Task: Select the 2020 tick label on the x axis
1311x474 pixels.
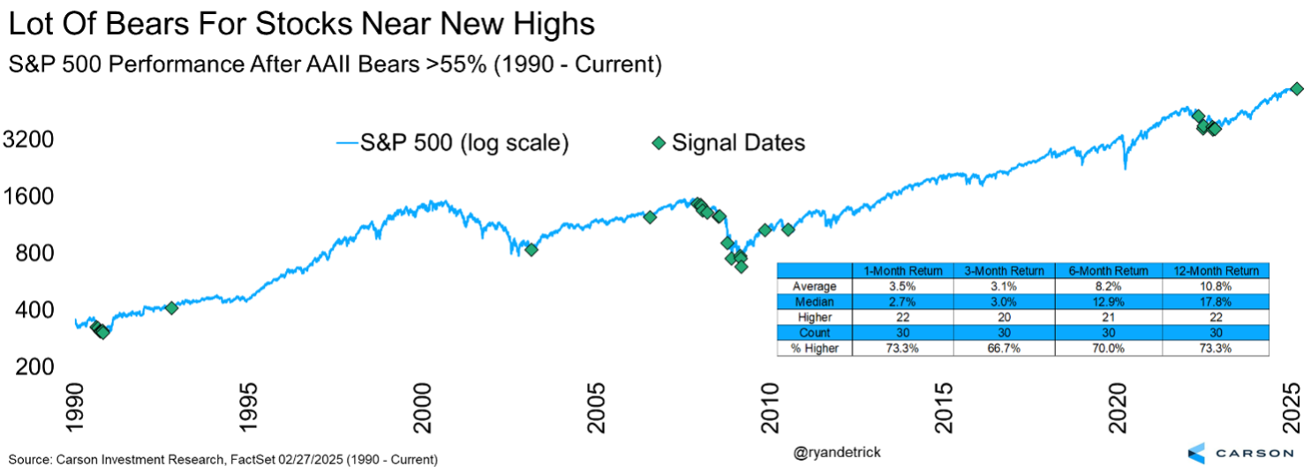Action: point(1119,409)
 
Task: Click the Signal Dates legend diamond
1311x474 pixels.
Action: point(658,142)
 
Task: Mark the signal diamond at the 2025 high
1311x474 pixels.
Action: point(1296,88)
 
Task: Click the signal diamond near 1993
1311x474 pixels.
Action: point(171,307)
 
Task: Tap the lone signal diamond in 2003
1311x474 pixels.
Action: point(531,249)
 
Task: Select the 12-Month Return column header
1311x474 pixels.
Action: point(1216,271)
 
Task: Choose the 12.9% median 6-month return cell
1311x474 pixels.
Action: point(1110,302)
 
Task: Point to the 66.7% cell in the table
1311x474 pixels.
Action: point(1005,349)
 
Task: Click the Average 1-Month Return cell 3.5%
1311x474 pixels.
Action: point(902,286)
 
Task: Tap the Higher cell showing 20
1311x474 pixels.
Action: point(1005,317)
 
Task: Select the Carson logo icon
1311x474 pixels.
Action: point(1196,452)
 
